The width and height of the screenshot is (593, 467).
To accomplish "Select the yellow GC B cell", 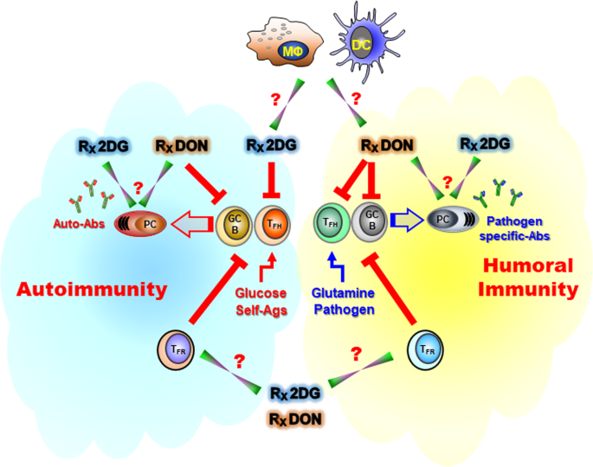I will [236, 223].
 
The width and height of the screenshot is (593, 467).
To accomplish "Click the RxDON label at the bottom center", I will [297, 419].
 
